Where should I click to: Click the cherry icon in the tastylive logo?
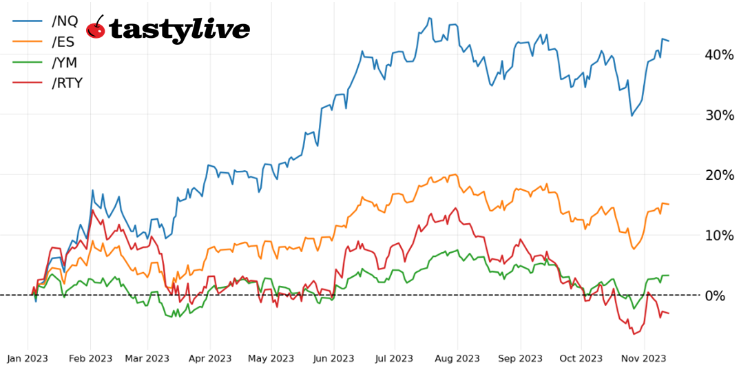[96, 29]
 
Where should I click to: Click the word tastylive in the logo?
[179, 30]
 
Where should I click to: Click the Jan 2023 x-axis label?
[28, 358]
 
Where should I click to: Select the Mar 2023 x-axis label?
[148, 358]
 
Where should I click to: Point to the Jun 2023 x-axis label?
[333, 358]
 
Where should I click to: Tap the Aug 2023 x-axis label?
[458, 358]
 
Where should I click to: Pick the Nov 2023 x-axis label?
[644, 358]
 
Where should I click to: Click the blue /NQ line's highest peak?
[429, 18]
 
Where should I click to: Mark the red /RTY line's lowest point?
[634, 334]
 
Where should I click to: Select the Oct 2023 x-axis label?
[581, 358]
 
